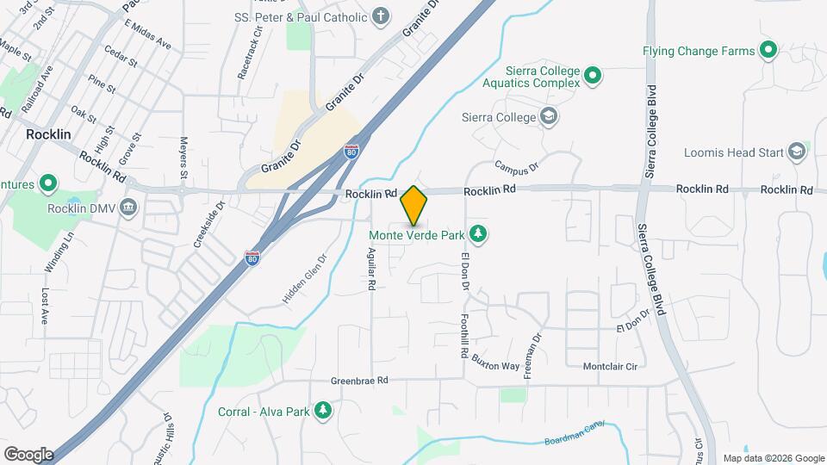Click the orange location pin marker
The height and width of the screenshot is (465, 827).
click(413, 206)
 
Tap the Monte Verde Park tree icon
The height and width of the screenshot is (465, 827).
click(476, 233)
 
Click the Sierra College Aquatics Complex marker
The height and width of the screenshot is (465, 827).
click(592, 77)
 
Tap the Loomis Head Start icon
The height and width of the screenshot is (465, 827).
click(797, 152)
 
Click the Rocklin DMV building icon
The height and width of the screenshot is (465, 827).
click(128, 207)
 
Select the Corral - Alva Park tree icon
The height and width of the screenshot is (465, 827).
click(323, 410)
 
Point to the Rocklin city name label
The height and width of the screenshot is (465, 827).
click(47, 134)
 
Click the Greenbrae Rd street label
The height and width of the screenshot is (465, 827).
click(360, 380)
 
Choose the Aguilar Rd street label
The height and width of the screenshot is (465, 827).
click(372, 268)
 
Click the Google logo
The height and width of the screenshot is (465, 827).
click(28, 454)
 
